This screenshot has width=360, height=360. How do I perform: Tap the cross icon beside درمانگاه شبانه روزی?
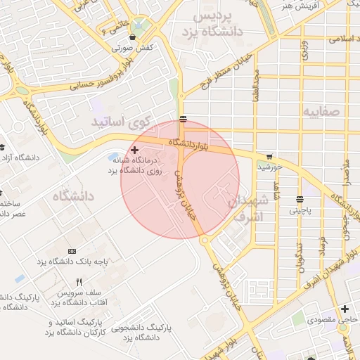tap(134, 150)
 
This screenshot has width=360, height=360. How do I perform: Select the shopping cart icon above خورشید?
tap(269, 156)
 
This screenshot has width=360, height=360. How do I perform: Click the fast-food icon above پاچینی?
tap(300, 199)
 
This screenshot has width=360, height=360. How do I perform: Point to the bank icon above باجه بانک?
tap(72, 251)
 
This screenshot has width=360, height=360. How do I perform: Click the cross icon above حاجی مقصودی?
tap(345, 309)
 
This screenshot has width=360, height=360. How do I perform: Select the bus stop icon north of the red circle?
tap(183, 117)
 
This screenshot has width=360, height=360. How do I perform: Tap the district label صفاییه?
tap(322, 111)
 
